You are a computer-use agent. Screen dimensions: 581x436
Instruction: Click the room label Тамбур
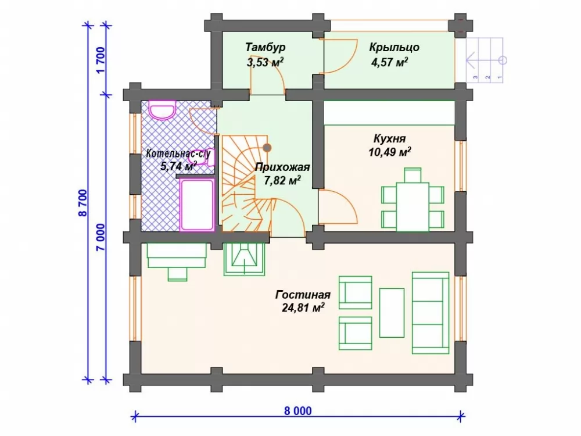[x=266, y=48]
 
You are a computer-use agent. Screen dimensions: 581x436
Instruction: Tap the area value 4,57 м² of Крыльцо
[x=389, y=62]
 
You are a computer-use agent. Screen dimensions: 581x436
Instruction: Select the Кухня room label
[x=389, y=139]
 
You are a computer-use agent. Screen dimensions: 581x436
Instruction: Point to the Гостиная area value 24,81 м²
[x=303, y=308]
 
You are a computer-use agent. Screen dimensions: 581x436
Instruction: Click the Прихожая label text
[x=282, y=167]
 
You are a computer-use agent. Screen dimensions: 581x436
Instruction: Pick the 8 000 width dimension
[x=298, y=411]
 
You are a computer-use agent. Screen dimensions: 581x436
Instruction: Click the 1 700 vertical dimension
[x=101, y=60]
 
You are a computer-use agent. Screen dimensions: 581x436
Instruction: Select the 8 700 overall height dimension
[x=83, y=203]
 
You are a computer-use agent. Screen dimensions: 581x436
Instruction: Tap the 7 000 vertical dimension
[x=101, y=237]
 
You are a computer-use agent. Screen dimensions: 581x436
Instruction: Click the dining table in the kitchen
[x=413, y=206]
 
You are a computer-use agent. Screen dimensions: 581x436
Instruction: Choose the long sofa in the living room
[x=431, y=313]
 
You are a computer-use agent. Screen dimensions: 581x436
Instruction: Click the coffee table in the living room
[x=392, y=313]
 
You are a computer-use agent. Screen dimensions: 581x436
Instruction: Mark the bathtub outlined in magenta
[x=197, y=205]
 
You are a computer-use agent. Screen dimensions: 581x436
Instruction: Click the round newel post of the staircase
[x=267, y=148]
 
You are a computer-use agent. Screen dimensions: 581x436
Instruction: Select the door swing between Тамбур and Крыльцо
[x=340, y=56]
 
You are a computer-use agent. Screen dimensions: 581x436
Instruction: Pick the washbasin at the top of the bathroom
[x=162, y=109]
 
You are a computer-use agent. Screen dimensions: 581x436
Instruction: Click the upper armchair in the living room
[x=355, y=292]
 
